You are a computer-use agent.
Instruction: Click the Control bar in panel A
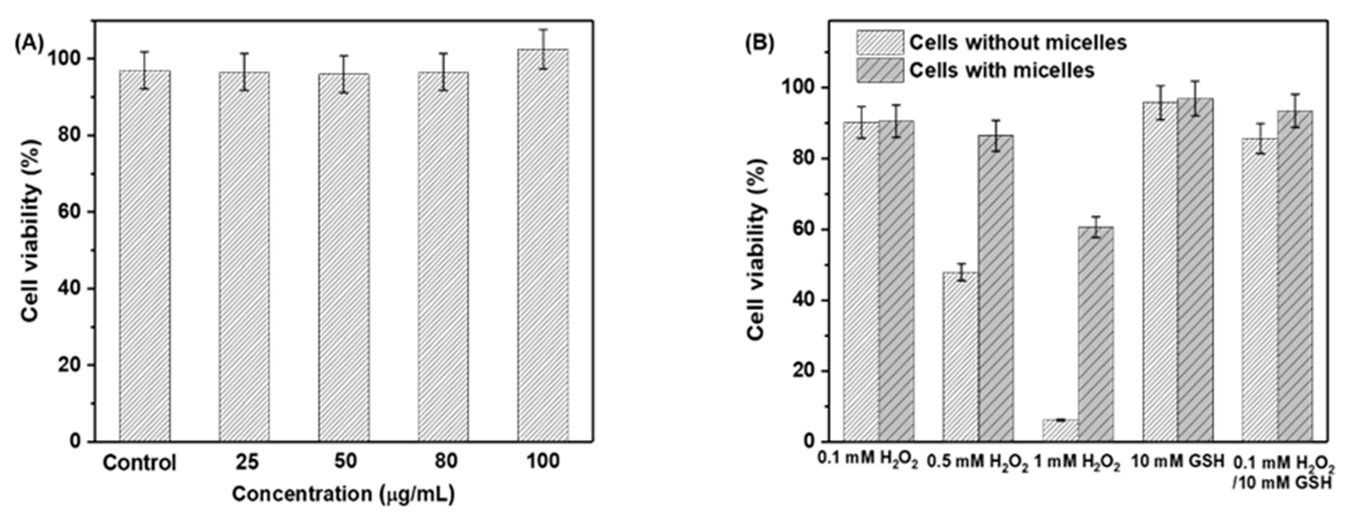144,256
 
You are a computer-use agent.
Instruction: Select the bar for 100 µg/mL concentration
543,245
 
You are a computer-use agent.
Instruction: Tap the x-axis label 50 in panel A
345,461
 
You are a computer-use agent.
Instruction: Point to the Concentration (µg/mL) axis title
343,494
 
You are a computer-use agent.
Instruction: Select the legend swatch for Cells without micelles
880,43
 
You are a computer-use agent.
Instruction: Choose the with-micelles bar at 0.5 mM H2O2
996,287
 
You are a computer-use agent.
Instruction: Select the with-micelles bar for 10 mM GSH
1195,269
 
